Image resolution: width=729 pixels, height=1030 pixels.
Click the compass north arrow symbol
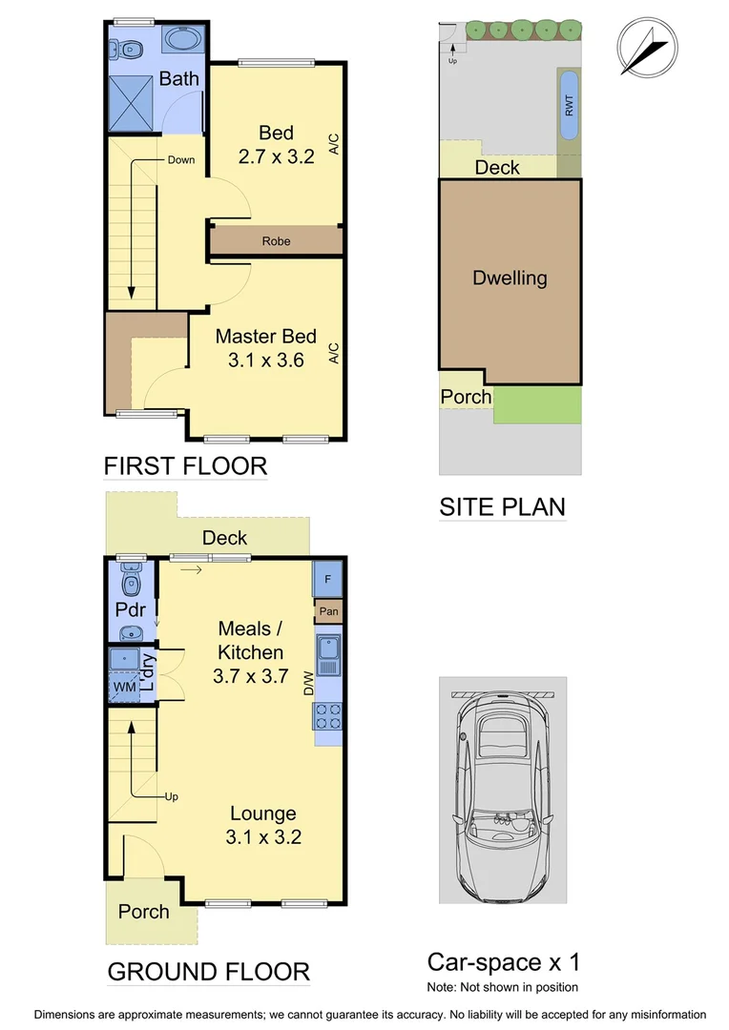[x=648, y=47]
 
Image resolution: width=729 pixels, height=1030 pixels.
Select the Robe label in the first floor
[x=276, y=241]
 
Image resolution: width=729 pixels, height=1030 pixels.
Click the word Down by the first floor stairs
[x=180, y=159]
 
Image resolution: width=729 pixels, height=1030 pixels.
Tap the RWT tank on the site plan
[x=569, y=106]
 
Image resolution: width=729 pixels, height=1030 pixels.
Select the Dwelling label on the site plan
[x=510, y=278]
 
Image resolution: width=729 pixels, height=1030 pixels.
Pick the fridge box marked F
[x=327, y=579]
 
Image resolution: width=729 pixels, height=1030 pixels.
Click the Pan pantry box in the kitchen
[x=327, y=611]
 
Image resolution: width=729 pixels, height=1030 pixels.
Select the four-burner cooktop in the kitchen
[x=327, y=715]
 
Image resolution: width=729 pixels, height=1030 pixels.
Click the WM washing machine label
[x=125, y=687]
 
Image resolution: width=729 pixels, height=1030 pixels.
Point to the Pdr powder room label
[x=130, y=608]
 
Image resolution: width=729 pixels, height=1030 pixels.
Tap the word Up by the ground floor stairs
[x=172, y=796]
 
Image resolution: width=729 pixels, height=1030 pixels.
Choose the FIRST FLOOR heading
[x=185, y=466]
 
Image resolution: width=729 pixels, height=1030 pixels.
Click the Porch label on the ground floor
[x=143, y=912]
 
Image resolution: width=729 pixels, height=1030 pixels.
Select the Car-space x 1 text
[x=503, y=961]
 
